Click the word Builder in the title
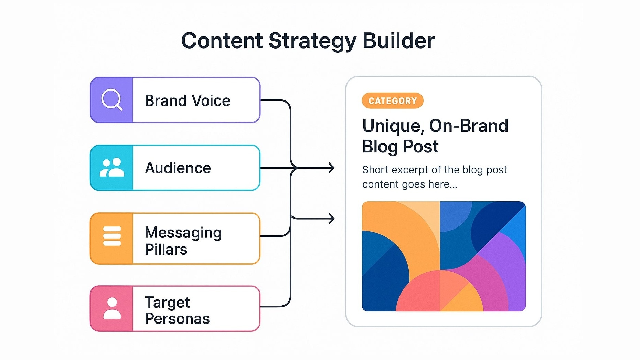pos(398,41)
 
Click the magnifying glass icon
pos(111,100)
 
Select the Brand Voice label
pos(187,101)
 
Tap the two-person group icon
pos(112,168)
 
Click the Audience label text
pos(178,168)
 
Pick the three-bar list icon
pos(112,236)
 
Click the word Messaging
pos(183,233)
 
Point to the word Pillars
pos(166,249)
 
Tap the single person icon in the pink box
pos(112,308)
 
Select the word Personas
pos(177,319)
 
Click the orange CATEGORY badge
pos(392,101)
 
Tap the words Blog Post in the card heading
pos(400,147)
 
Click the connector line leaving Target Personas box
pos(275,306)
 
